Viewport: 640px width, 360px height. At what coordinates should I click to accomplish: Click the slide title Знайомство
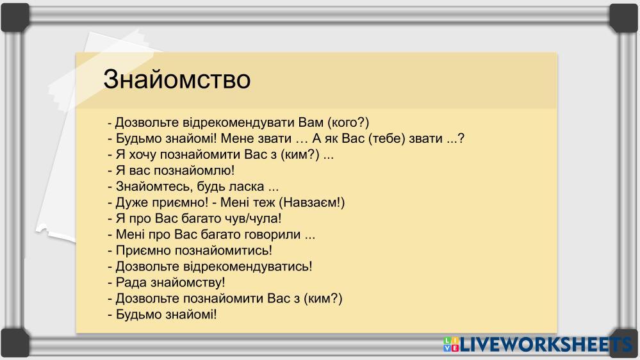point(177,79)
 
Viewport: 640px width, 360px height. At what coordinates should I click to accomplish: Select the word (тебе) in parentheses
point(387,138)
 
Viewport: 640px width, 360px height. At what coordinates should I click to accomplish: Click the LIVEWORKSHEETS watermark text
point(546,345)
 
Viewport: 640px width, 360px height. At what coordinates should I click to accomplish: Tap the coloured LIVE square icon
point(451,345)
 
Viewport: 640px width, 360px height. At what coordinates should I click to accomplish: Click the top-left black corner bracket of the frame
point(15,17)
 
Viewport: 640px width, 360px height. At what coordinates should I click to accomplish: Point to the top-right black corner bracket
point(624,17)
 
